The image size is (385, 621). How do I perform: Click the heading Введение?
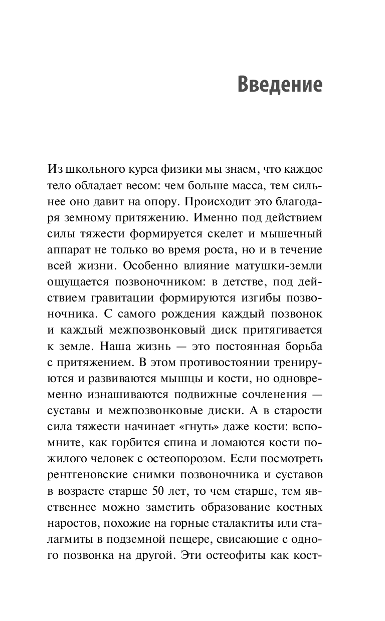coord(279,84)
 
